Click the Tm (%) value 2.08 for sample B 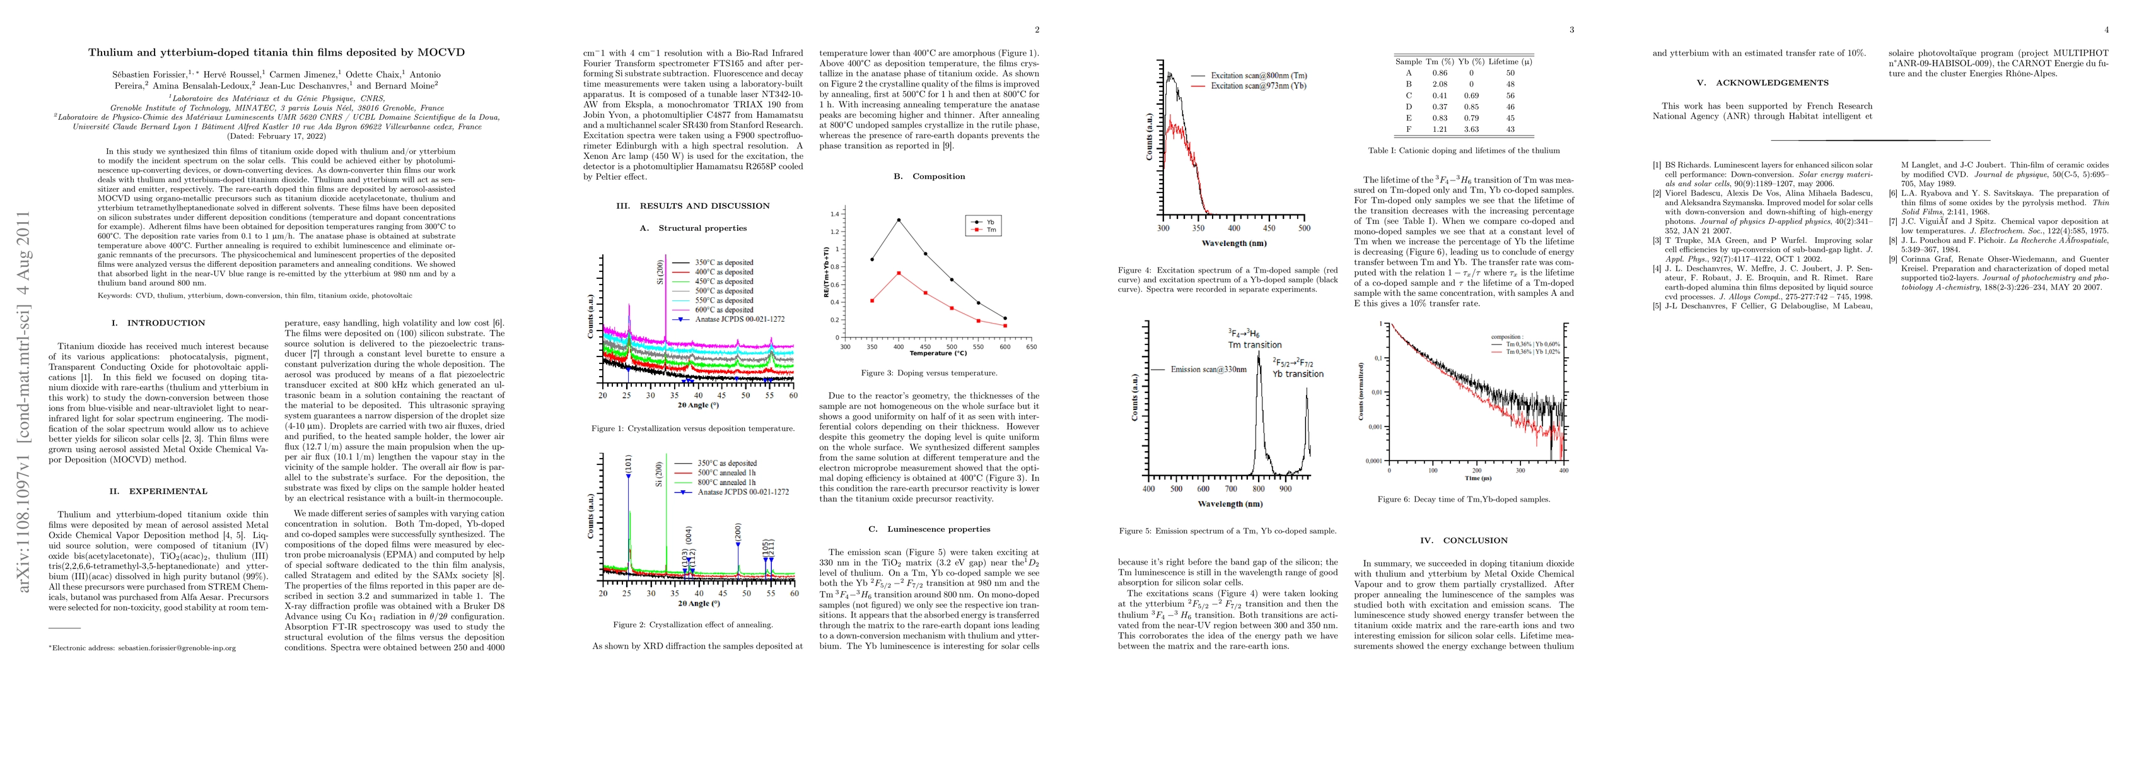tap(1439, 84)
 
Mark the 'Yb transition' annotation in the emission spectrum tap(1298, 374)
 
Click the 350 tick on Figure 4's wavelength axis tap(1198, 228)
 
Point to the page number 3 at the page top tap(1571, 30)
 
